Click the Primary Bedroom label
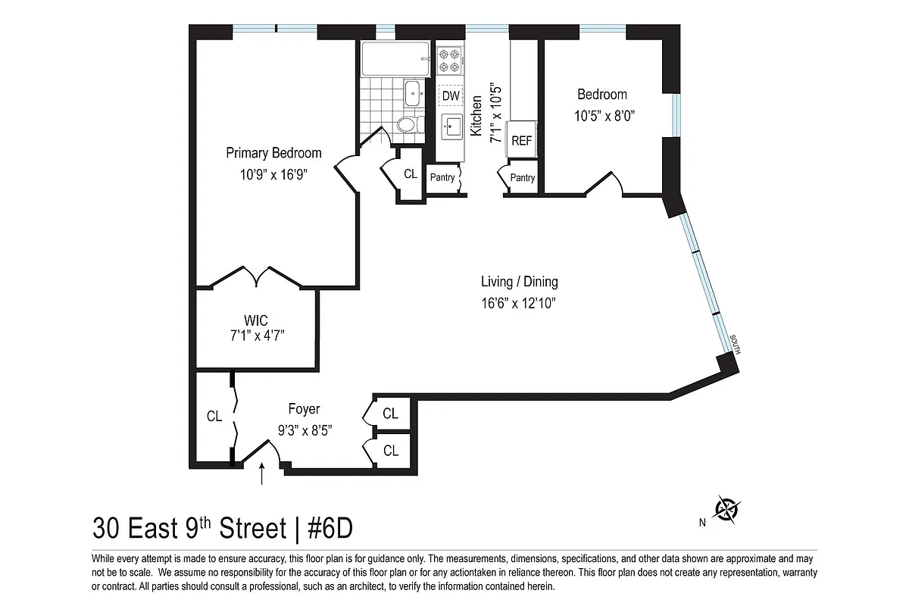pyautogui.click(x=273, y=153)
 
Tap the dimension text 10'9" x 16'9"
pyautogui.click(x=273, y=173)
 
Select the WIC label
pyautogui.click(x=257, y=319)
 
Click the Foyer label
pyautogui.click(x=304, y=410)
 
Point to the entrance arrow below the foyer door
pyautogui.click(x=262, y=474)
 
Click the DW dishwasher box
pyautogui.click(x=451, y=96)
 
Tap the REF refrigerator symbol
pyautogui.click(x=521, y=140)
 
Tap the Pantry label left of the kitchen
pyautogui.click(x=442, y=178)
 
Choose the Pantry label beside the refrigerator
pyautogui.click(x=523, y=178)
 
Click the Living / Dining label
pyautogui.click(x=520, y=283)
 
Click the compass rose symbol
pyautogui.click(x=728, y=509)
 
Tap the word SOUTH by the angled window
pyautogui.click(x=735, y=345)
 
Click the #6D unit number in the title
pyautogui.click(x=331, y=527)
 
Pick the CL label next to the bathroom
pyautogui.click(x=411, y=173)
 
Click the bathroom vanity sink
pyautogui.click(x=414, y=93)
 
